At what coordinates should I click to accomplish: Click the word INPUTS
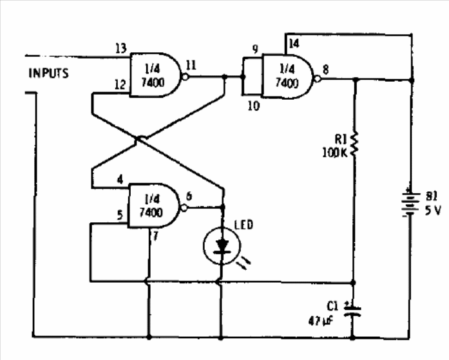48,73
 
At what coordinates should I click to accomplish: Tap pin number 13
120,49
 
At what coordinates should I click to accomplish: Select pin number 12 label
120,85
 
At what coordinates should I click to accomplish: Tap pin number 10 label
254,106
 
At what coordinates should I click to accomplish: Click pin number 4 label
120,180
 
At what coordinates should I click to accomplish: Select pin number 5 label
120,216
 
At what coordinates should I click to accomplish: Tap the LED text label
244,224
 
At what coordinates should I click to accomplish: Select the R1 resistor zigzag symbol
354,146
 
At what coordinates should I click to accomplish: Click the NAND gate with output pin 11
155,75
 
